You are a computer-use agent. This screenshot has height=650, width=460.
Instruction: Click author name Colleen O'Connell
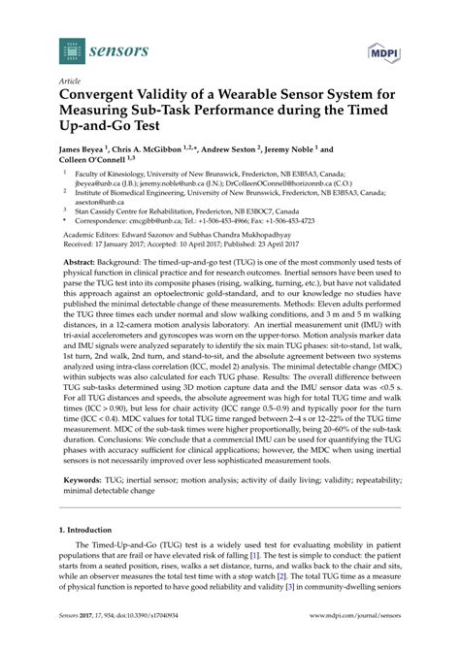[95, 162]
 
